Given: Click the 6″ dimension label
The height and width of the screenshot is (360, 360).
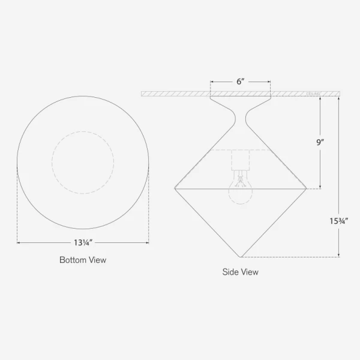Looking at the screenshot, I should (240, 81).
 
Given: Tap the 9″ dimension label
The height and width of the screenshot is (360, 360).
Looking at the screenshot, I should (320, 143).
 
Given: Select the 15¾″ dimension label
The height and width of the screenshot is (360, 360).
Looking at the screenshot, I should (340, 221).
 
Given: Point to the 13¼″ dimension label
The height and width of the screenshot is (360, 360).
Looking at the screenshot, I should (83, 242).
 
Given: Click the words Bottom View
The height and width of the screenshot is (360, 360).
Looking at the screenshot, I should (83, 260).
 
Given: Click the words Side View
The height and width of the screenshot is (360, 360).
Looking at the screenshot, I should (240, 272).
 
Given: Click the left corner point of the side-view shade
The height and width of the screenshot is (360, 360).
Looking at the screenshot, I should (173, 188).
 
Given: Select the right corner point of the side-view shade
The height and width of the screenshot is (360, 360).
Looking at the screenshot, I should (308, 188).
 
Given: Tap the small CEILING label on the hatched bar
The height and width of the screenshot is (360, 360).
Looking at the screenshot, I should (314, 94).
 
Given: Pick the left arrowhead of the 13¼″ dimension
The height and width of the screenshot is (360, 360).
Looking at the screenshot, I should (19, 242).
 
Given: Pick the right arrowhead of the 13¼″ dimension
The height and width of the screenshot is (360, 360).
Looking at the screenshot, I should (147, 242).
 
